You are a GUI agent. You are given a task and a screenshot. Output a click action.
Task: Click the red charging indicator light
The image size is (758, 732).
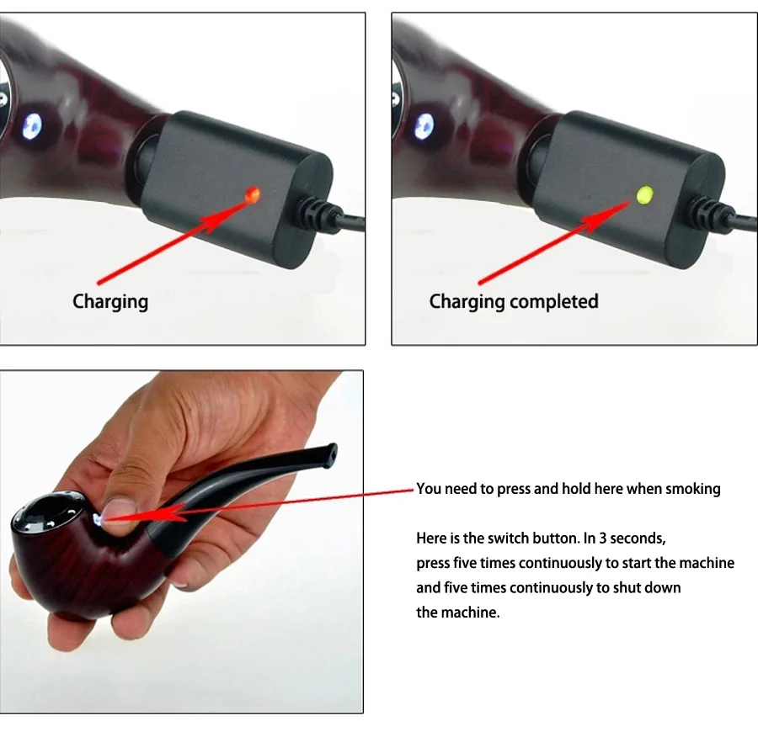(x=250, y=194)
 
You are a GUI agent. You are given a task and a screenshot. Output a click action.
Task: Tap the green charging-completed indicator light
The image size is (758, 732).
(x=643, y=195)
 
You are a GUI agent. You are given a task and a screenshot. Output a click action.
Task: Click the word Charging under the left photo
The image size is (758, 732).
(x=110, y=301)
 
